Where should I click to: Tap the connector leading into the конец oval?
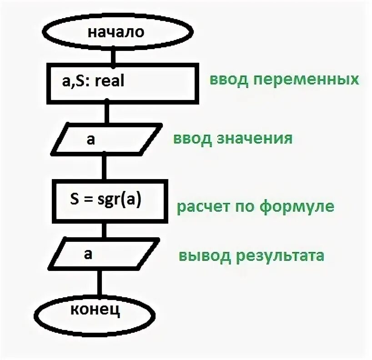[97, 282]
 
